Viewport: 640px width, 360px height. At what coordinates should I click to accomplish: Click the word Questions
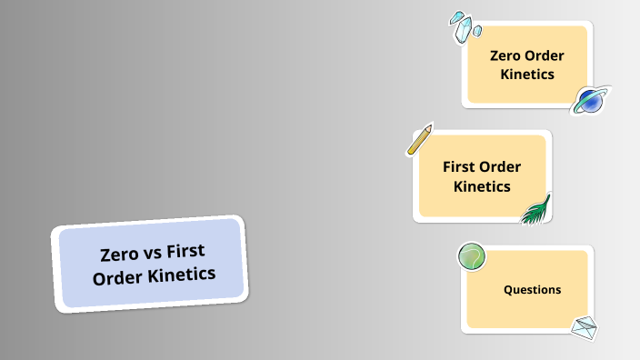point(532,290)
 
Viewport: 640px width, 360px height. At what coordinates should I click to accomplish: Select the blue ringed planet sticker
point(590,101)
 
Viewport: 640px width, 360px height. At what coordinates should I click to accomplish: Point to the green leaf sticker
point(536,209)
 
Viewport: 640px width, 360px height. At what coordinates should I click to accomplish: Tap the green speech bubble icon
point(471,257)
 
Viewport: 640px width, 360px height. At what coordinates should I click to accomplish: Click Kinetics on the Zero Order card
point(527,75)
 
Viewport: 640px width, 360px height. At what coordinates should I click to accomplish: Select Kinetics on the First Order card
point(482,186)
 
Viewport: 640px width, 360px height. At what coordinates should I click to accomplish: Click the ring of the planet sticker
point(603,92)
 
